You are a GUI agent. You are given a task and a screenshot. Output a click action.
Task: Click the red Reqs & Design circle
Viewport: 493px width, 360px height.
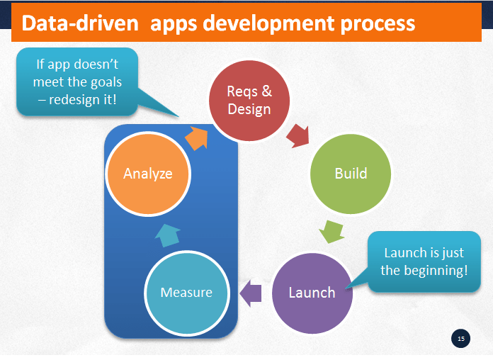coord(249,101)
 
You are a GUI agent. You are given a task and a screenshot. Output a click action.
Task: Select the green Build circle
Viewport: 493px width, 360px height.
coord(351,174)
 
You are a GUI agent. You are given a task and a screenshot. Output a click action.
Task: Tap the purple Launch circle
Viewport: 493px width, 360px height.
coord(312,292)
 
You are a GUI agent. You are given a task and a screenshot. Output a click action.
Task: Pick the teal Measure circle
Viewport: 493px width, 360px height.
coord(185,292)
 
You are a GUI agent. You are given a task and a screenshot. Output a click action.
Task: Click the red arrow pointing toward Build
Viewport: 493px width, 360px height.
coord(298,135)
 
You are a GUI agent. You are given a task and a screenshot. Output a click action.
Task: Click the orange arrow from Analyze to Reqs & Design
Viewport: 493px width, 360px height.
coord(196,136)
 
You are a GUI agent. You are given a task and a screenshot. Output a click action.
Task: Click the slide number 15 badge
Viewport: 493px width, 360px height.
coord(461,339)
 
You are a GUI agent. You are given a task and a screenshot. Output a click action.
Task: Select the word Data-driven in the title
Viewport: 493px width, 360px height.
coord(76,23)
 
